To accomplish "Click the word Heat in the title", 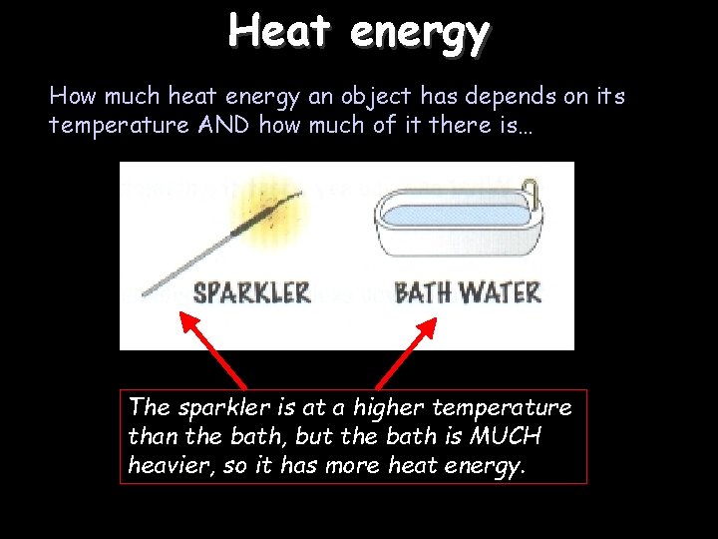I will click(x=281, y=31).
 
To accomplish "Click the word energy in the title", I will click(x=419, y=33).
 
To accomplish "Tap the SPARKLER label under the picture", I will click(x=251, y=293).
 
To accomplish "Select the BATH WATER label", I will click(x=468, y=292).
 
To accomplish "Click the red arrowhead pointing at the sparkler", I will click(x=187, y=321).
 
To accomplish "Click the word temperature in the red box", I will click(x=512, y=408).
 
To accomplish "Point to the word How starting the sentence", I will click(x=71, y=97).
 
